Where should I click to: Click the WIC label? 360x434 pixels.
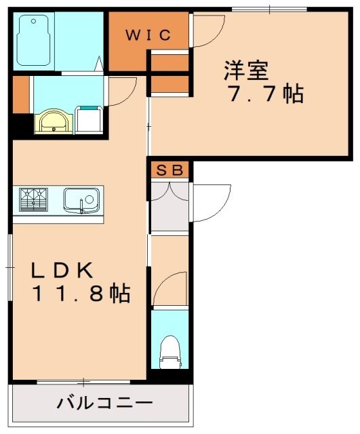coord(148,35)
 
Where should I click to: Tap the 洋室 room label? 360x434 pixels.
coord(247,71)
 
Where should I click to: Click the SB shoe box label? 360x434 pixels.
coord(170,170)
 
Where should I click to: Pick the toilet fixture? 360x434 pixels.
coord(169,351)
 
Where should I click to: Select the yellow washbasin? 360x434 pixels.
coord(52,122)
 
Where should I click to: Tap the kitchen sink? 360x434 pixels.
coord(81,200)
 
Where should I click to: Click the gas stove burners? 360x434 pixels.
coord(34,200)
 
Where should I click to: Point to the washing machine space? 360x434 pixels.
coord(89,121)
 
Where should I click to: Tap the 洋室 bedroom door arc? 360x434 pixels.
coord(209,31)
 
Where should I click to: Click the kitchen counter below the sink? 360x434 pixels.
coord(58,218)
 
